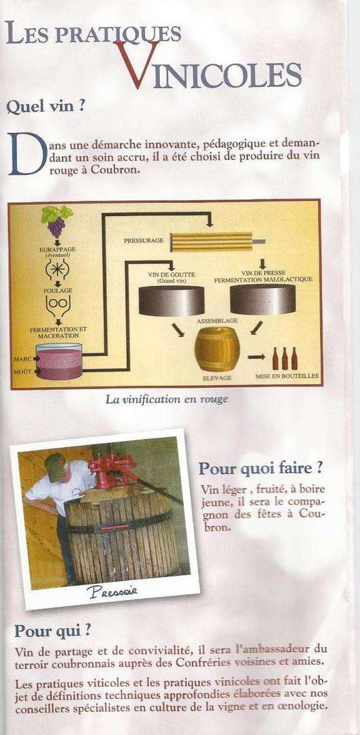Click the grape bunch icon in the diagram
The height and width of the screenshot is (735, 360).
[56, 221]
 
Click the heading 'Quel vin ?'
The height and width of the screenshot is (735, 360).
[46, 107]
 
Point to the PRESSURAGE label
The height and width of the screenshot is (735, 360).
[144, 240]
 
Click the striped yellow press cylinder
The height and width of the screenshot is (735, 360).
[212, 242]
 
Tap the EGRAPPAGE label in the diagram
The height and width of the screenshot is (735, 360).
[58, 250]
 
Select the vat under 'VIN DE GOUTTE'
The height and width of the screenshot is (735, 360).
[171, 301]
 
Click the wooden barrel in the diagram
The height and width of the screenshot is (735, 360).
[217, 348]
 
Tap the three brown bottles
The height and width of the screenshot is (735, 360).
[284, 358]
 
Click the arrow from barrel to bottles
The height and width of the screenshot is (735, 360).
[256, 357]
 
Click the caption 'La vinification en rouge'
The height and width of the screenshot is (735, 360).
[167, 399]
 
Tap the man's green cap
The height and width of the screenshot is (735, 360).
[55, 466]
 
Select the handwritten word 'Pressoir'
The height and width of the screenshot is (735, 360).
[112, 591]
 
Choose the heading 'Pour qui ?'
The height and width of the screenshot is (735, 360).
[52, 630]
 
